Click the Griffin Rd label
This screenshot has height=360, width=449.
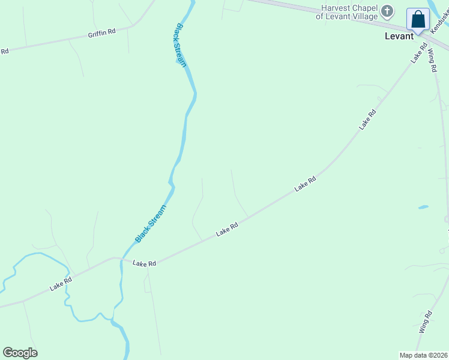pos(101,33)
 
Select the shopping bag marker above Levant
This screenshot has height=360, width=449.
pos(418,19)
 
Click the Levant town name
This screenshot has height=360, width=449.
pos(399,36)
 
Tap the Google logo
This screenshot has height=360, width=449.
pos(20,353)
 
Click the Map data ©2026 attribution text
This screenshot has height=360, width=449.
pos(423,355)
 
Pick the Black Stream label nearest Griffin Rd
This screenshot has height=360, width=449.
pos(181,45)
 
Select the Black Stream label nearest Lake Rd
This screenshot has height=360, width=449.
pos(149,224)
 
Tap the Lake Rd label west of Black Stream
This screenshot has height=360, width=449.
pos(61,283)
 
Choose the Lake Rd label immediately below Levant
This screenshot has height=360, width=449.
pos(419,53)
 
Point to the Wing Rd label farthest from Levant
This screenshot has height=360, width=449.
pos(425,322)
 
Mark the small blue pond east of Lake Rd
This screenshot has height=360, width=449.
pos(423,207)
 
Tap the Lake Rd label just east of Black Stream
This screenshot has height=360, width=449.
pos(144,263)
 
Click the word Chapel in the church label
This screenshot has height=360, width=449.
pos(367,8)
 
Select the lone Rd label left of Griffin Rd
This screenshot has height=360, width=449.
pos(4,51)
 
